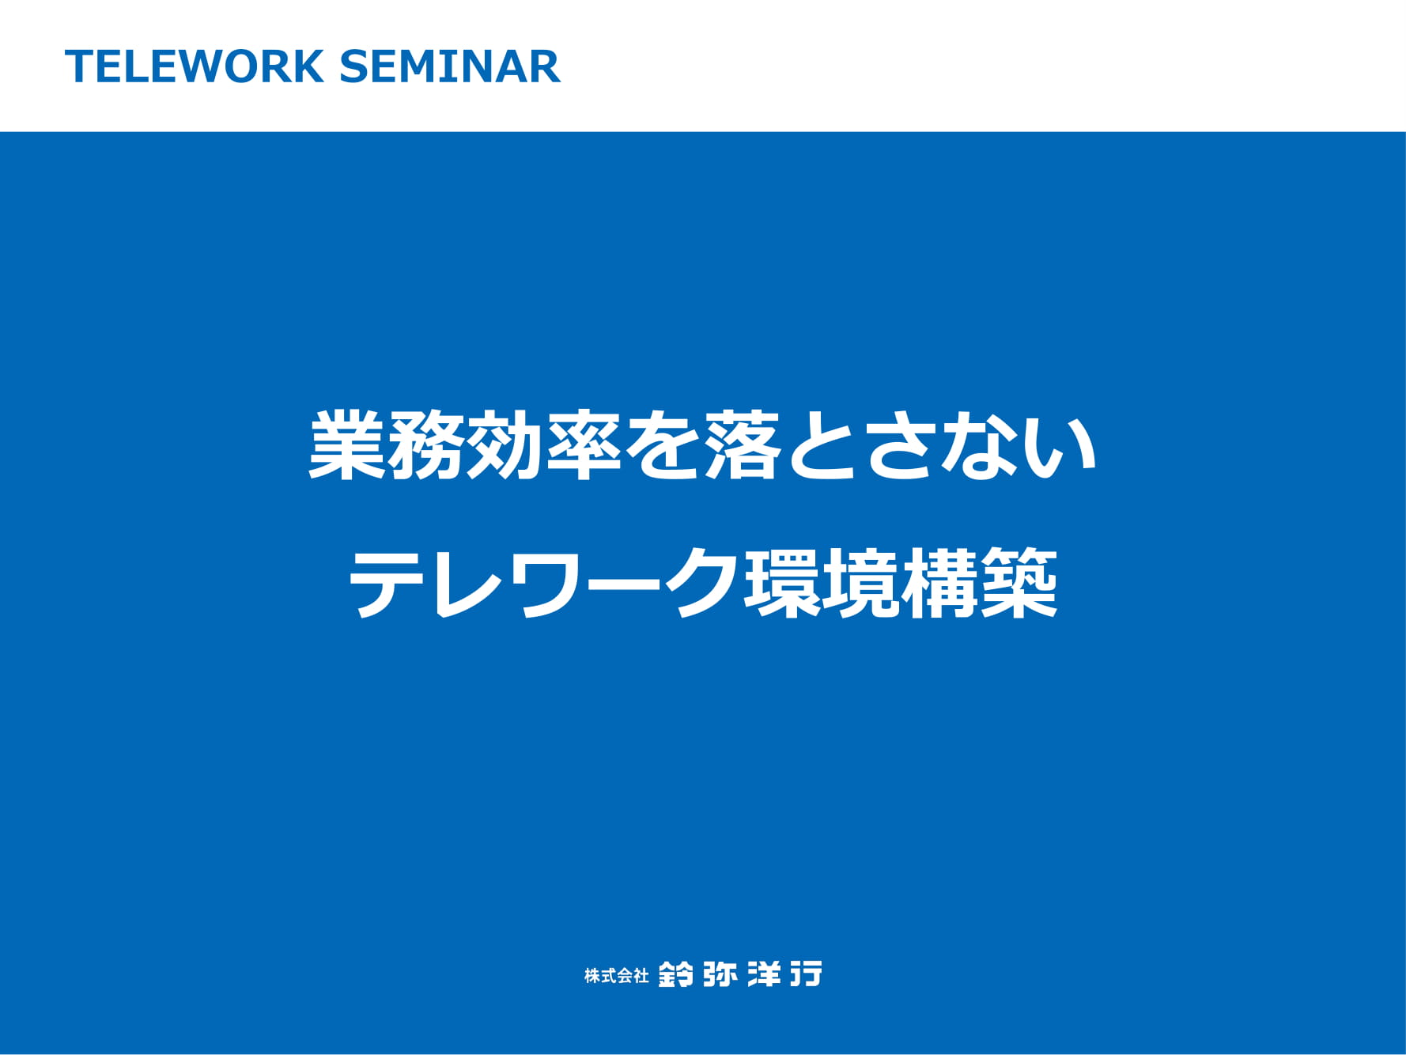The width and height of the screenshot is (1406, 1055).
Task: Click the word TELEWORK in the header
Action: click(195, 66)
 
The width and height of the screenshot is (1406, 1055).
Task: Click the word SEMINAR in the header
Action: click(450, 66)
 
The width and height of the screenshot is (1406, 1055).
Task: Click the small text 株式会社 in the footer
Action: click(617, 976)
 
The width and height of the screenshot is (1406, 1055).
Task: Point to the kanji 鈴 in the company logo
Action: click(676, 974)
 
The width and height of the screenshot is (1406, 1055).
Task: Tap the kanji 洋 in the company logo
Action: click(765, 974)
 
